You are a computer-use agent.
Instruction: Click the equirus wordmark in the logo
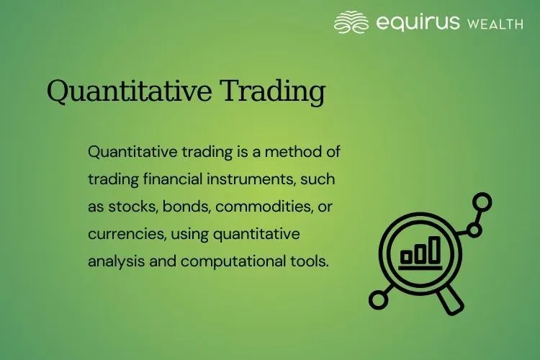[417, 23]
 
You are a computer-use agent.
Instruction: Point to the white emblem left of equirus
[351, 22]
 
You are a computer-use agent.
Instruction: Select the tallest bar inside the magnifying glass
[434, 249]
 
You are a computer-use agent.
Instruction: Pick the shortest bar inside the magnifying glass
[406, 256]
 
